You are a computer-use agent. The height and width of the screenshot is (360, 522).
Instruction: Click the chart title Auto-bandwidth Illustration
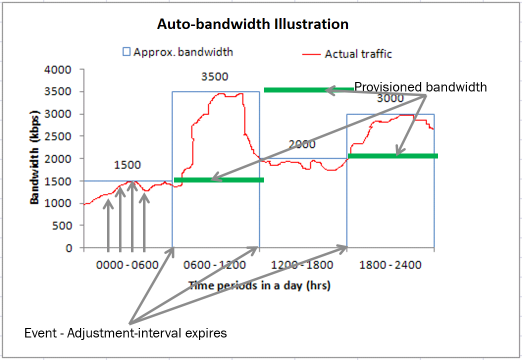[x=252, y=24]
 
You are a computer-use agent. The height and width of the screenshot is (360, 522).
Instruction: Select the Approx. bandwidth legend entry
[x=178, y=51]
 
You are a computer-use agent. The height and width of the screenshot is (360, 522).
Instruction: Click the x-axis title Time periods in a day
[x=259, y=285]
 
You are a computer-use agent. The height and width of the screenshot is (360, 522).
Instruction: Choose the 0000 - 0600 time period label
[x=128, y=264]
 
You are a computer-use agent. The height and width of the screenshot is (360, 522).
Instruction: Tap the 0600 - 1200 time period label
[x=215, y=264]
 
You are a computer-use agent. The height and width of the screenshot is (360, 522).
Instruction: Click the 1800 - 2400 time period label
[x=390, y=264]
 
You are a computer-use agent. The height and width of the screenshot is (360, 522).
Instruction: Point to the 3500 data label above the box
[x=215, y=76]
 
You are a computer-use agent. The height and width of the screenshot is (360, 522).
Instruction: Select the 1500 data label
[x=127, y=165]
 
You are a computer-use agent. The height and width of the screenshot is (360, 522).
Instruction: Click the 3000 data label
[x=390, y=98]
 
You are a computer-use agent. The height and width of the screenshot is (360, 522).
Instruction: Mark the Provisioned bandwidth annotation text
[x=420, y=87]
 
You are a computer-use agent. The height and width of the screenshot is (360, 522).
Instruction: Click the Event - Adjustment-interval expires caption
[x=125, y=333]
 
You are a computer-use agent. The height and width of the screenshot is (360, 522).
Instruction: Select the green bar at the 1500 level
[x=218, y=180]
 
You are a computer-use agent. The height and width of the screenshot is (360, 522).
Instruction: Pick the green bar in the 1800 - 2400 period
[x=392, y=156]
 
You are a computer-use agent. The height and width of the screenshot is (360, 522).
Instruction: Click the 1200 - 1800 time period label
[x=303, y=264]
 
